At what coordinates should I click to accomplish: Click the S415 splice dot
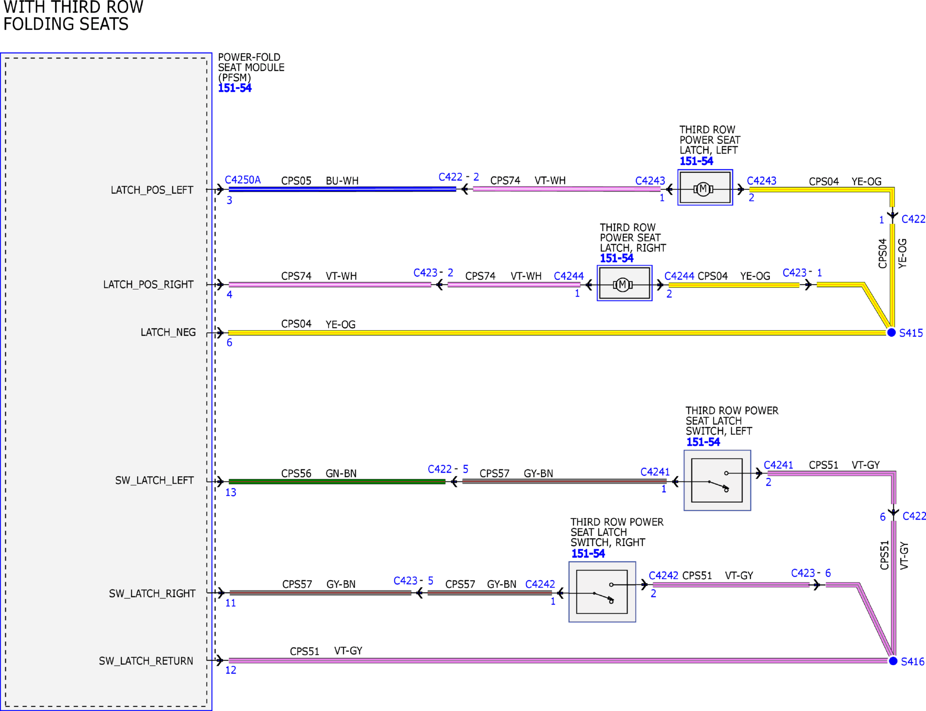[x=891, y=333]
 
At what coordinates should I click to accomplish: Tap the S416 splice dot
[x=893, y=661]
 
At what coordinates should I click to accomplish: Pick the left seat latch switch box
[x=717, y=480]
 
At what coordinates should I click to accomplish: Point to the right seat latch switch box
[x=602, y=592]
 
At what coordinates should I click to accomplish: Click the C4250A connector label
[x=243, y=180]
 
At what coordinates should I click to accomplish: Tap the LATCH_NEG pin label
[x=168, y=332]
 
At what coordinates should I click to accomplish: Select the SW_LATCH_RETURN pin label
[x=146, y=661]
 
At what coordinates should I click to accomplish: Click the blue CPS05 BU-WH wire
[x=343, y=189]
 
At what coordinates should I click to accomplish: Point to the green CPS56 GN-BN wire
[x=337, y=481]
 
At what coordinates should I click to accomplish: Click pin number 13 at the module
[x=230, y=492]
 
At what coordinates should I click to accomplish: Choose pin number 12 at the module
[x=230, y=670]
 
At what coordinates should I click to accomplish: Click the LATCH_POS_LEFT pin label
[x=152, y=190]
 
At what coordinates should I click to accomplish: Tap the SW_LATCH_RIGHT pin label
[x=152, y=594]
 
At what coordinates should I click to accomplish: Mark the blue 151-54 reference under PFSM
[x=235, y=88]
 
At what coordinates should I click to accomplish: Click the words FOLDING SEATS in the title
[x=66, y=24]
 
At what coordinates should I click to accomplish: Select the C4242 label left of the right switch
[x=540, y=584]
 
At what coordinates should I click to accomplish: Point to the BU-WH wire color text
[x=342, y=181]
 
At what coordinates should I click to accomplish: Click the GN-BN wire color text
[x=341, y=474]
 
